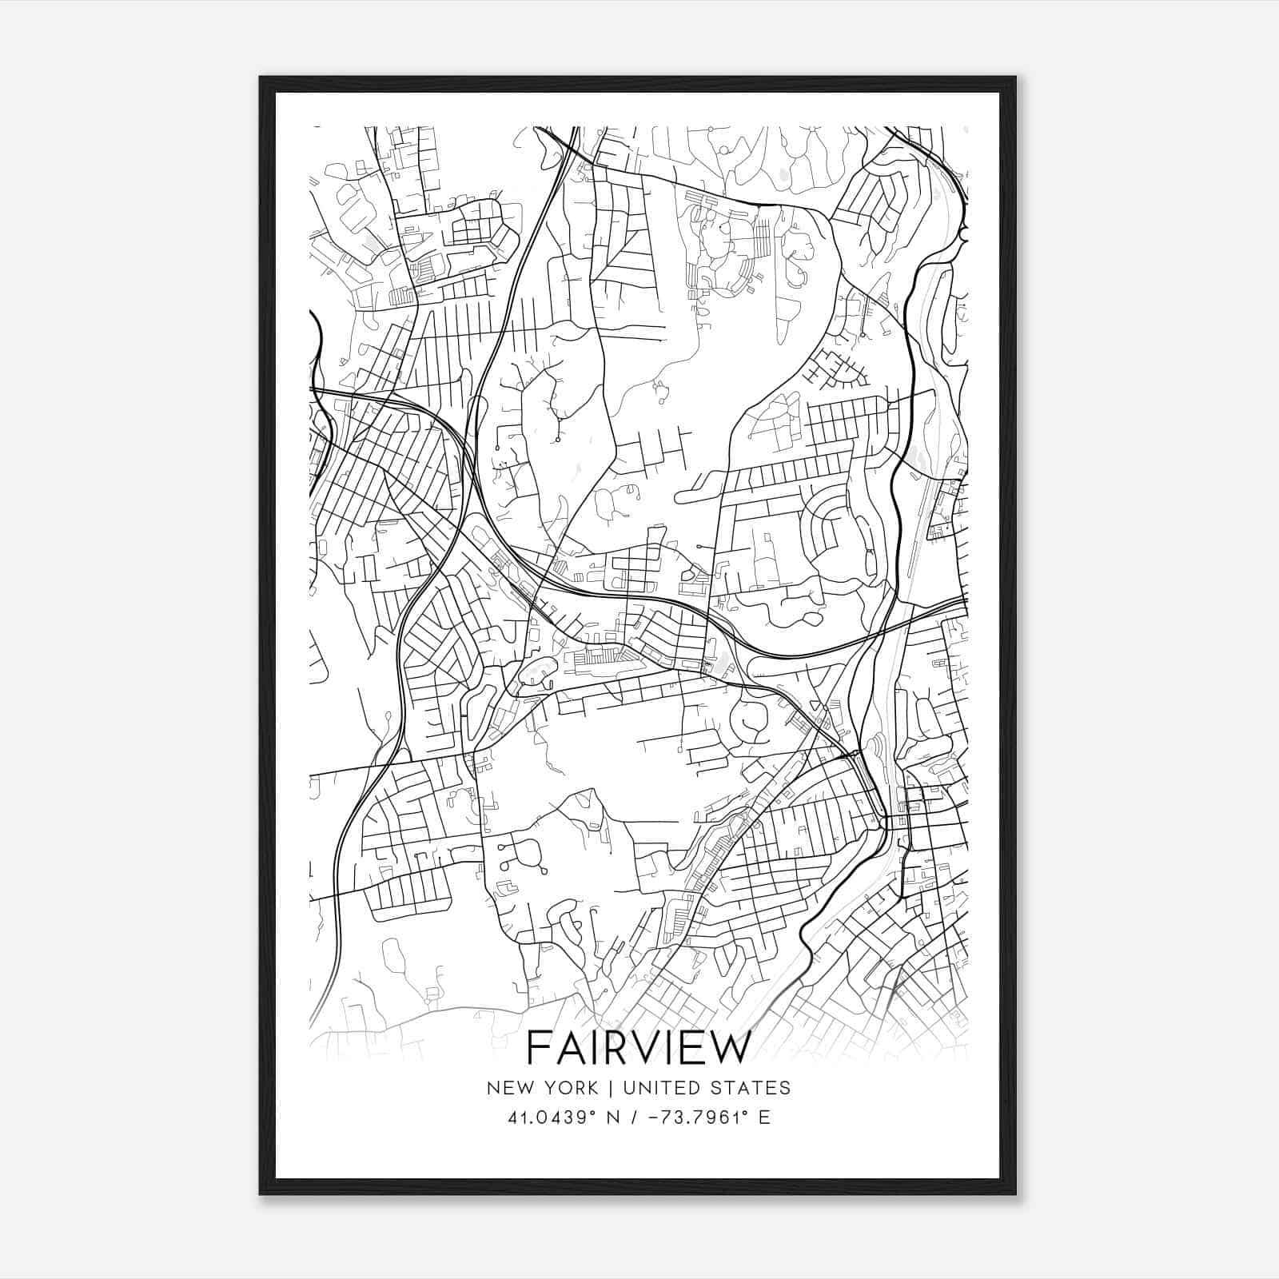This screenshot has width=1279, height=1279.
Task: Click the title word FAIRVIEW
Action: pos(639,1048)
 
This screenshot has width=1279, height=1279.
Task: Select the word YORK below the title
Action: pos(571,1088)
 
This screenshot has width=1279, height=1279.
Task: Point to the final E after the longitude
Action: pos(765,1118)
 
